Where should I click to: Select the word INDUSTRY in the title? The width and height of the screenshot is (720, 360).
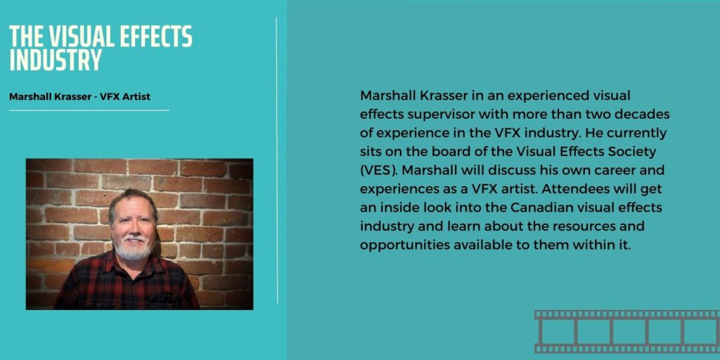(x=56, y=60)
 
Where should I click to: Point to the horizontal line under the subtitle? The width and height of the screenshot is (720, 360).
(x=89, y=110)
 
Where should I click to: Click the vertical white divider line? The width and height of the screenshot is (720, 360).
(x=277, y=161)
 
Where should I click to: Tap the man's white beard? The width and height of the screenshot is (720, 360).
(x=134, y=247)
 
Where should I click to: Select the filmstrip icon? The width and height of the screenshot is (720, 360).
(x=626, y=331)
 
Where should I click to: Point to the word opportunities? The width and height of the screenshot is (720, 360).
(x=404, y=245)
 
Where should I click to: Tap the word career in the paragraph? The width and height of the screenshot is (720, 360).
(x=617, y=170)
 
